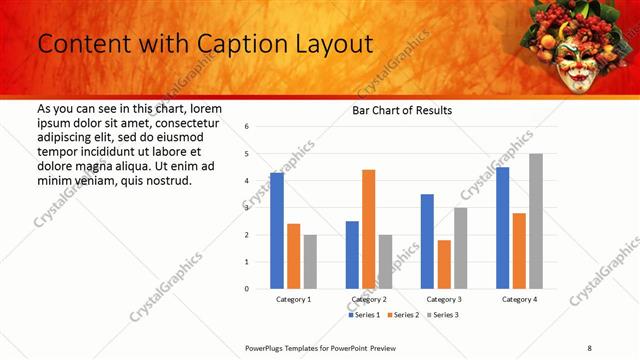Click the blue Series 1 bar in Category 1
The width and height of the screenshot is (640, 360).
click(277, 231)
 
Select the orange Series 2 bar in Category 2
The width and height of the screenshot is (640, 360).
click(369, 229)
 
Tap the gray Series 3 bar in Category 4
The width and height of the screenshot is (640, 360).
click(536, 221)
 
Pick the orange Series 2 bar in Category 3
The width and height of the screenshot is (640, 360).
click(444, 264)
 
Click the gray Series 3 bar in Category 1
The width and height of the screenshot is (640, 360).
click(310, 262)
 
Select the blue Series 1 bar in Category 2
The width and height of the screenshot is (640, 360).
click(352, 255)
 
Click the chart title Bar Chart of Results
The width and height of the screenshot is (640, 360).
click(402, 110)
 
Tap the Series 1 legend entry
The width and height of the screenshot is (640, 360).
click(366, 315)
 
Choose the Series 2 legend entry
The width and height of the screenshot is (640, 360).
click(402, 315)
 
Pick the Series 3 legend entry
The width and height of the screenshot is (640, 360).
click(441, 315)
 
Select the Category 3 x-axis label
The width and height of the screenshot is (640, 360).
click(443, 299)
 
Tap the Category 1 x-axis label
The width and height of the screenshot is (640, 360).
click(293, 299)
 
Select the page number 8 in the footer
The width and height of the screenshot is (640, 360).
click(589, 347)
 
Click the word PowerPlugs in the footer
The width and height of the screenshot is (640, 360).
click(267, 347)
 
